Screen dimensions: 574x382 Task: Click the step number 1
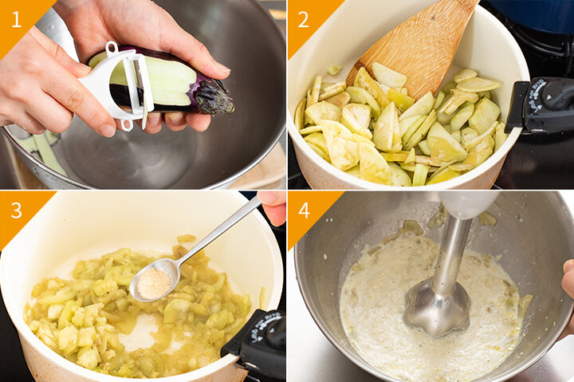click(x=17, y=19)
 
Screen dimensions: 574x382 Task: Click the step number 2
click(x=304, y=19)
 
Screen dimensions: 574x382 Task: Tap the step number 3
click(x=17, y=211)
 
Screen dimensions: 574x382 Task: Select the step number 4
click(x=305, y=211)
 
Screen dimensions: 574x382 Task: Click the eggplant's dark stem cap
click(x=214, y=98)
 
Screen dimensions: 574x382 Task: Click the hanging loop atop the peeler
click(x=112, y=48)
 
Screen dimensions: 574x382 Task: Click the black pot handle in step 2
click(x=539, y=104)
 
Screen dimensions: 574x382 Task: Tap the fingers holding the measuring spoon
click(x=273, y=207)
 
